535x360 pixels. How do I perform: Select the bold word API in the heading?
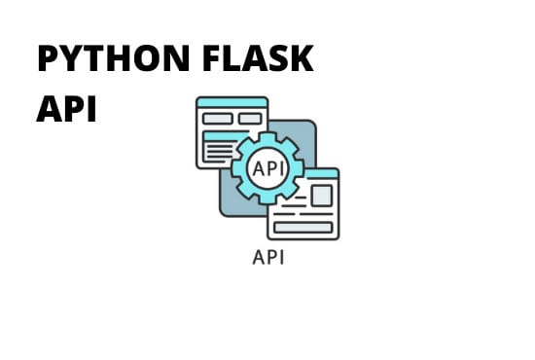coord(66,108)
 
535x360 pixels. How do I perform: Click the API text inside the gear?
coord(267,168)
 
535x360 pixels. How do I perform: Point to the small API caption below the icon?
coord(267,259)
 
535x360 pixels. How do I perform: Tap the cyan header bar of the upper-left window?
coord(232,101)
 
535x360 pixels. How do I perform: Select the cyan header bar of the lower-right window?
coord(303,173)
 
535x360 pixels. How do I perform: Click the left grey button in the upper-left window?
coord(217,118)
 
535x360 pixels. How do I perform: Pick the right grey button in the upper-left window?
coord(250,118)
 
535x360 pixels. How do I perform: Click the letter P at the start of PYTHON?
coord(48,60)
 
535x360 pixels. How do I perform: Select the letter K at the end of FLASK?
coord(302,60)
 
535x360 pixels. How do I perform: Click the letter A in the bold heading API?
coord(48,108)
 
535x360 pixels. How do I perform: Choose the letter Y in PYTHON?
coord(73,60)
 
